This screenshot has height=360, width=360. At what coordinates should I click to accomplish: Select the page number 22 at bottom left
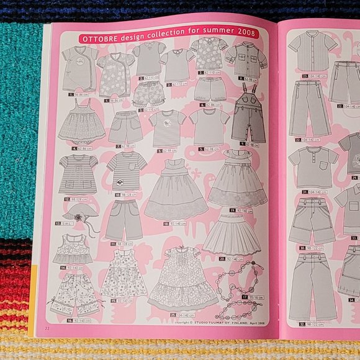pos(47,328)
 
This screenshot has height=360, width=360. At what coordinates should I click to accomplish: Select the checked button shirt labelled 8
pos(246,60)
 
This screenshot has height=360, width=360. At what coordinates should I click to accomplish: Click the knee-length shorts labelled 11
pos(124,219)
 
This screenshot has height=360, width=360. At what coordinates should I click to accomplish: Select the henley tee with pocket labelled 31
pos(313,166)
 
